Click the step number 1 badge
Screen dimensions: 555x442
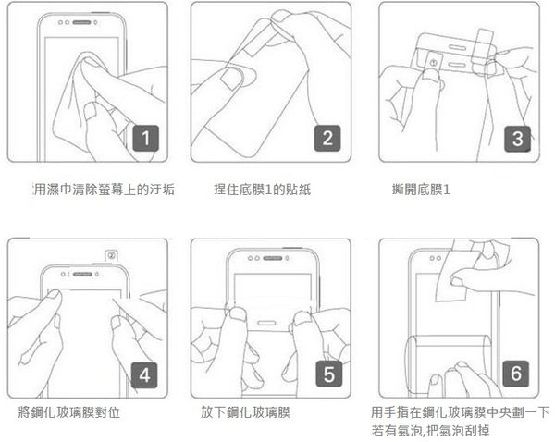click(x=146, y=138)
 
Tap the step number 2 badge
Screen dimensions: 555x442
click(x=327, y=138)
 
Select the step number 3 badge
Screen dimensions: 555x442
click(x=517, y=139)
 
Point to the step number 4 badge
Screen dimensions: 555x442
click(x=144, y=375)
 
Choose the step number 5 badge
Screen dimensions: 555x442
click(x=328, y=374)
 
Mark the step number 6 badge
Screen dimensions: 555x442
click(x=516, y=374)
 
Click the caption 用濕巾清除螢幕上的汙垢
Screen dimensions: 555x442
click(x=104, y=190)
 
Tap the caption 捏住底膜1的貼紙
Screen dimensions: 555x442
click(x=263, y=190)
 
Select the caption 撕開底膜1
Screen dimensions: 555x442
click(x=421, y=190)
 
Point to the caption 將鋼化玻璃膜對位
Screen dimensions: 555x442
click(x=69, y=412)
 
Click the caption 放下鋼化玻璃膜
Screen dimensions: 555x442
click(x=246, y=412)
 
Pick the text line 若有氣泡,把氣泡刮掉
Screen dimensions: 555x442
click(x=430, y=431)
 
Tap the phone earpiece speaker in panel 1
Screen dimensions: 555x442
click(x=81, y=22)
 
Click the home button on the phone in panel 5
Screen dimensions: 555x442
click(x=266, y=323)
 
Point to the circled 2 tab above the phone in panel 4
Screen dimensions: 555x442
click(x=111, y=255)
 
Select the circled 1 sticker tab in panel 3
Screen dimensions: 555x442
click(x=433, y=63)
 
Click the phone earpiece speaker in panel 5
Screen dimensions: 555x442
click(x=273, y=258)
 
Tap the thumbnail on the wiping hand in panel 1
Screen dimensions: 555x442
click(x=92, y=111)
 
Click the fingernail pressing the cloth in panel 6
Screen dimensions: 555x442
click(x=456, y=281)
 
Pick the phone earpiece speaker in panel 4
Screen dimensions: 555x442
click(x=82, y=275)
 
